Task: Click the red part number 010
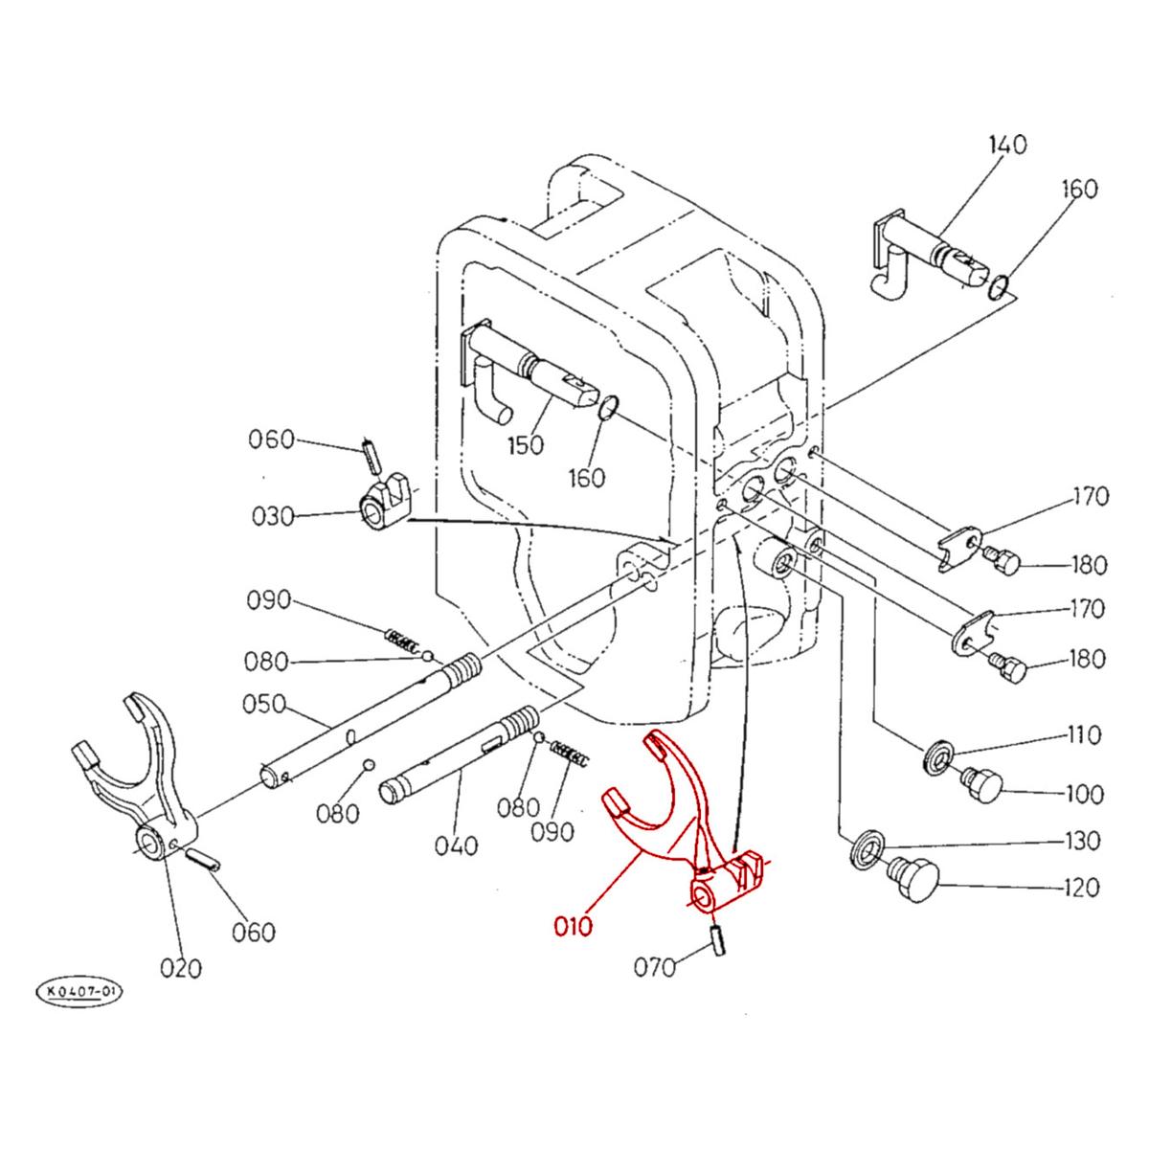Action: click(574, 926)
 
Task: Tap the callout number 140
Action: click(1006, 146)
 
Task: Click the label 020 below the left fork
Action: click(181, 968)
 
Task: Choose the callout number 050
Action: click(265, 704)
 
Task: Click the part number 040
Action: click(455, 845)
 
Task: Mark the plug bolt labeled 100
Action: click(980, 786)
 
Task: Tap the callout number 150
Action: click(526, 445)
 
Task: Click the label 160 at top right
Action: click(1078, 189)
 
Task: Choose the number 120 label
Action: click(1081, 888)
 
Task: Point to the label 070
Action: click(655, 967)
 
